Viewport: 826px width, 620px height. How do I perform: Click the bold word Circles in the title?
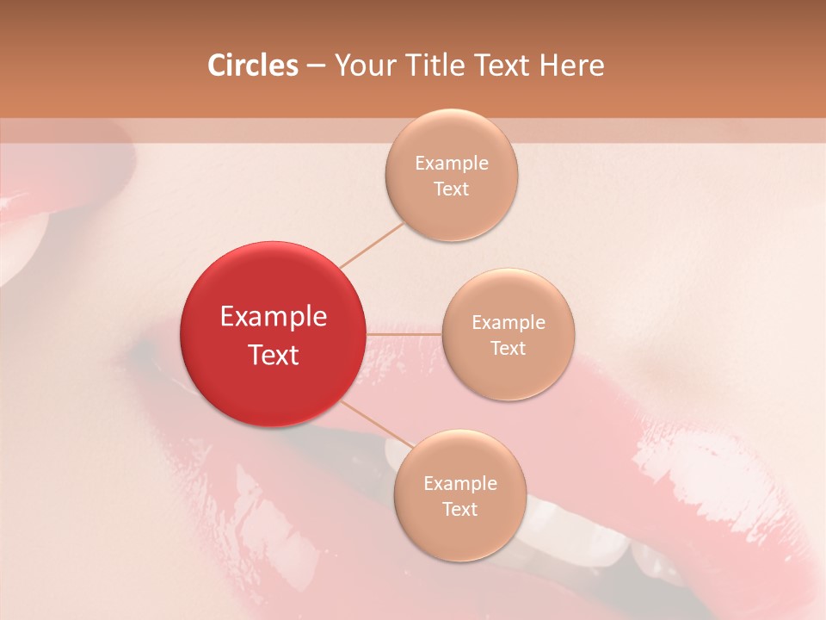[253, 65]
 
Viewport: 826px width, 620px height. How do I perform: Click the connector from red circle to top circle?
[372, 245]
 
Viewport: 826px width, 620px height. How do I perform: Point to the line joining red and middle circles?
[404, 333]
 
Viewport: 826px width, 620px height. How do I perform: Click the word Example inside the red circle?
[273, 317]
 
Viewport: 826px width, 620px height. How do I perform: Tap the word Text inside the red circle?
[273, 355]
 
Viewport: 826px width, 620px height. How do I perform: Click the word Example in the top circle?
[452, 164]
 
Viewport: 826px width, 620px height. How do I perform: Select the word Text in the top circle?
[452, 189]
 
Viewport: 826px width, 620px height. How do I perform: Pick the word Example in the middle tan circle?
[509, 323]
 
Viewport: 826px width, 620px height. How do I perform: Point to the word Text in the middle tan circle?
[509, 349]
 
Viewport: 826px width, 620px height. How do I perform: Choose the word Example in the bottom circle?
[460, 484]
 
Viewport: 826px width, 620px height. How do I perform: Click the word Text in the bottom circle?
[460, 510]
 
